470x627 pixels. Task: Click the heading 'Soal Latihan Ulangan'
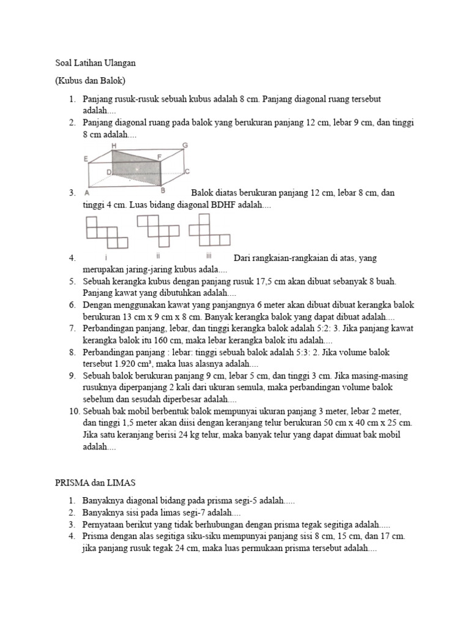pos(95,63)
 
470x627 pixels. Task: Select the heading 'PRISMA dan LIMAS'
pos(95,483)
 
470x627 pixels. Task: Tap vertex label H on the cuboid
pos(114,145)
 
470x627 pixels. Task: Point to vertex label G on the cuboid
pos(184,145)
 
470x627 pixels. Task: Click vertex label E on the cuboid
pos(86,159)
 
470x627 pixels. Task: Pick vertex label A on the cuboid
pos(88,192)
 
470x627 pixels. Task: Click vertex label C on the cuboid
pos(187,171)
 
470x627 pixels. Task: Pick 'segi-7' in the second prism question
pos(193,512)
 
